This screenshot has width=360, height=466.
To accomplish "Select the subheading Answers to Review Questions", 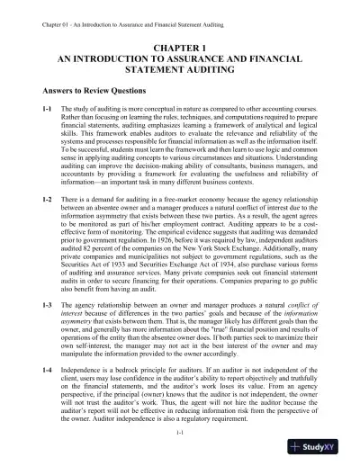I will (93, 91).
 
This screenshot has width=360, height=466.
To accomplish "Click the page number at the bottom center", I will (180, 435).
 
